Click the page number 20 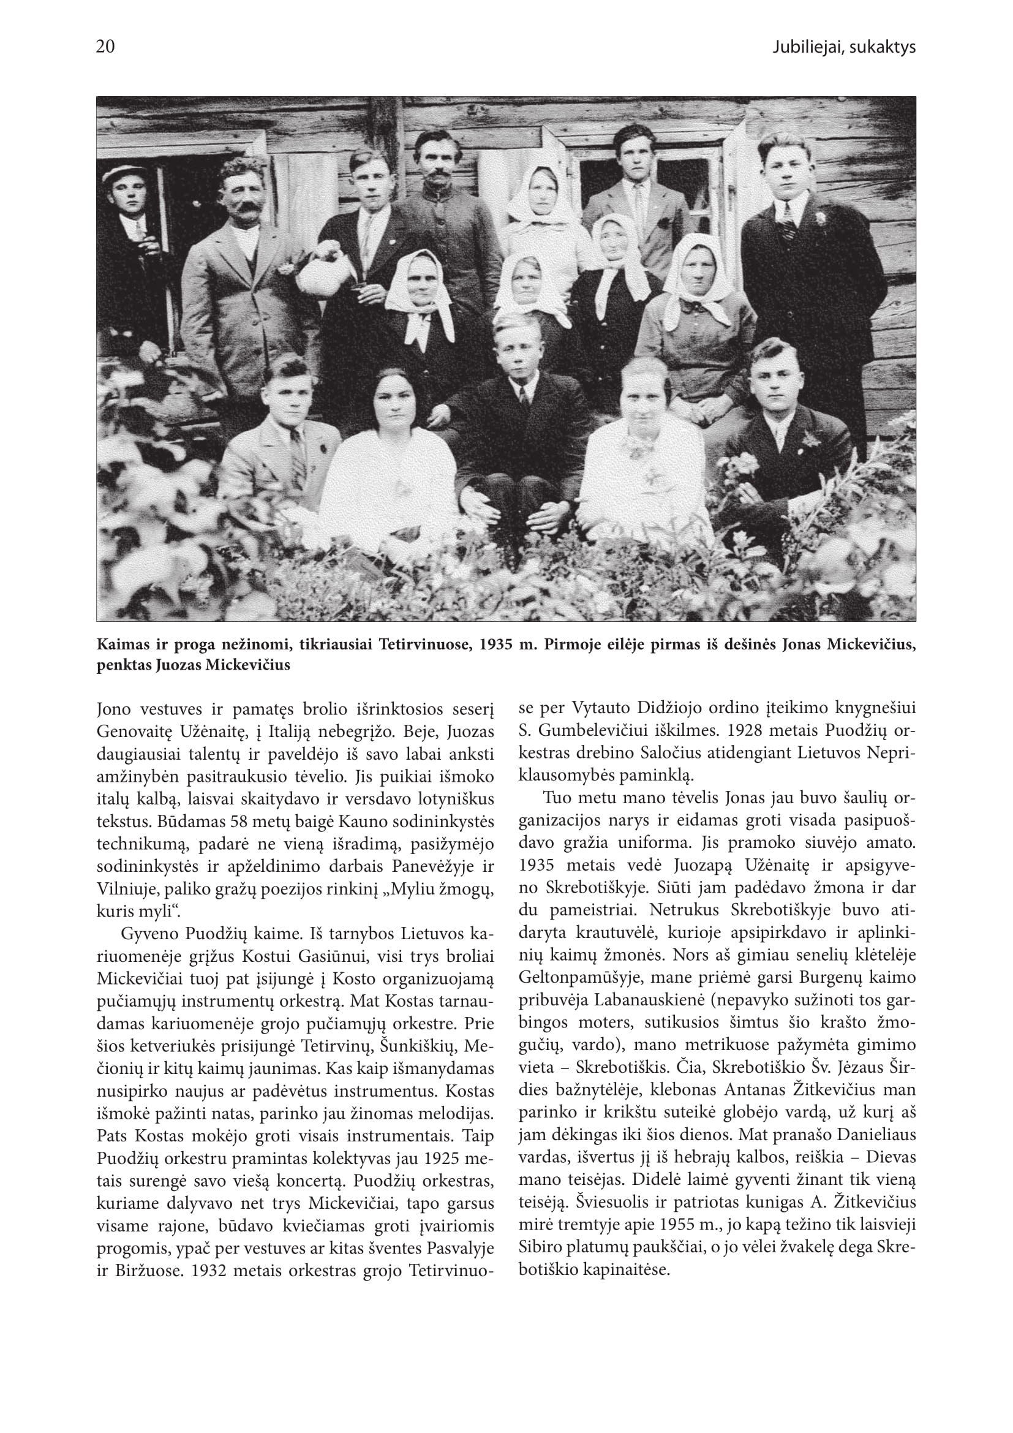(105, 47)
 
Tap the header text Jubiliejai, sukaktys (843, 48)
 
